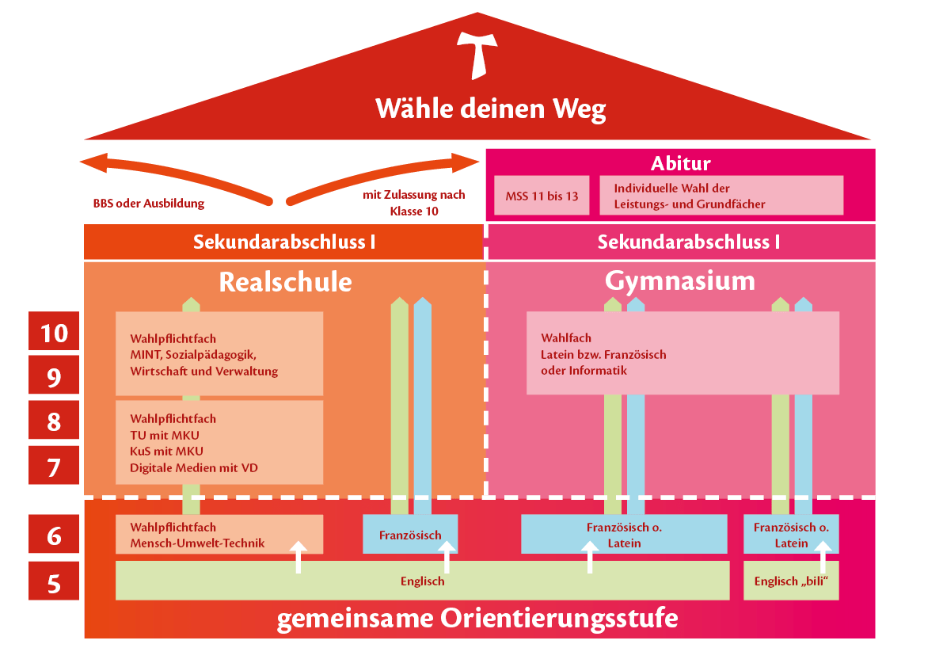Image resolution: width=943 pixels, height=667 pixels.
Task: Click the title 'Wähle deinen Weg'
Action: tap(490, 109)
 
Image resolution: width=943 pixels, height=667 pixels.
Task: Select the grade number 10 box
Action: tap(54, 332)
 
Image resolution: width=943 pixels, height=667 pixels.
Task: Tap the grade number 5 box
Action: tap(54, 583)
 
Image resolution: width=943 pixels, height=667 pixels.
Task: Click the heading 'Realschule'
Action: tap(285, 282)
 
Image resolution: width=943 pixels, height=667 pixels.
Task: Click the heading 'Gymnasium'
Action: tap(679, 280)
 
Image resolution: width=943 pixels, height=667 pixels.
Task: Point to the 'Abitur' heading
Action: tap(680, 163)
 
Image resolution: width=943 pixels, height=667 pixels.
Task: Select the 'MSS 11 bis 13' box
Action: tap(542, 196)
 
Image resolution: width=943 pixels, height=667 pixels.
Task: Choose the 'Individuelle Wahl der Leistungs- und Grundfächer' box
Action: tap(721, 196)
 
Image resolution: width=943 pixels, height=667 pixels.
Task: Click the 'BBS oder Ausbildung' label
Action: tap(148, 204)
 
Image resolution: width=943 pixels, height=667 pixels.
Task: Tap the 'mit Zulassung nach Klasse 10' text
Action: tap(413, 203)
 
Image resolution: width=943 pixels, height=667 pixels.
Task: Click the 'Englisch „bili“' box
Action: tap(791, 581)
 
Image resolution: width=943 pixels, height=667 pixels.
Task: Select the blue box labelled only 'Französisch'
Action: tap(410, 535)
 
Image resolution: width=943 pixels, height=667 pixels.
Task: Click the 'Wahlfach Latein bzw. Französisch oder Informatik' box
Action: tap(683, 353)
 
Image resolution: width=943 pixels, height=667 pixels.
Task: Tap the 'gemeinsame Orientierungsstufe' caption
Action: tap(477, 619)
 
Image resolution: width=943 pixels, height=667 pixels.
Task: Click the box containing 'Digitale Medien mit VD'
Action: tap(219, 442)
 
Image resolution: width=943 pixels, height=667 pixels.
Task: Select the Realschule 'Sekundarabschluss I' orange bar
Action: tap(283, 242)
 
